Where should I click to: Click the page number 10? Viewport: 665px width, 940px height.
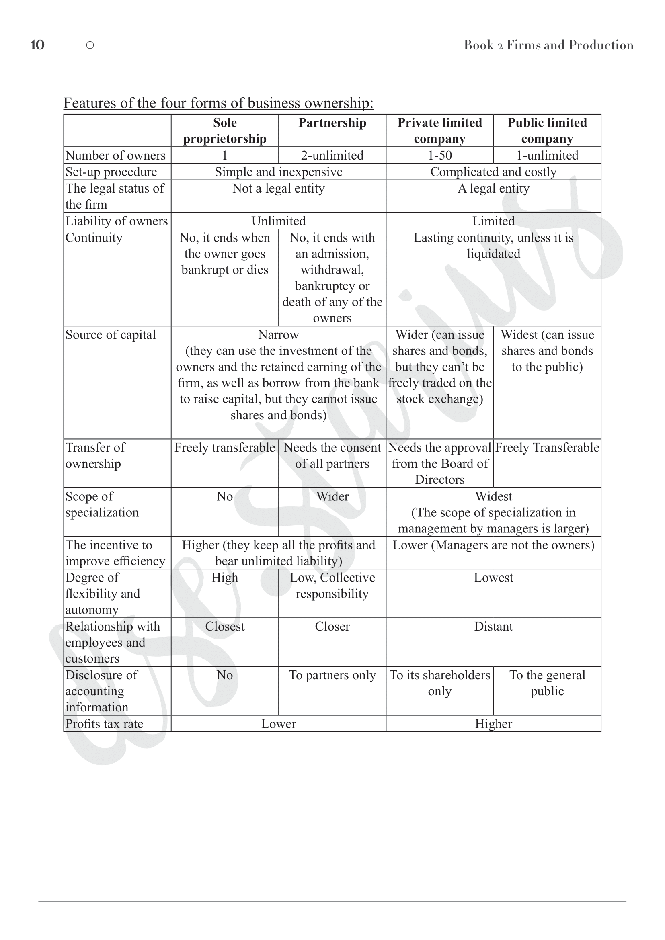click(x=37, y=45)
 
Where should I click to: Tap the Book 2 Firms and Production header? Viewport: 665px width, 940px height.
click(x=548, y=45)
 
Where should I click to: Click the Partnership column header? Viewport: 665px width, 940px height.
click(x=332, y=123)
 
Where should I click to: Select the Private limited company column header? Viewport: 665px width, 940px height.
click(x=439, y=131)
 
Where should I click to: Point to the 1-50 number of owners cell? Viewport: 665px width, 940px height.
click(x=439, y=156)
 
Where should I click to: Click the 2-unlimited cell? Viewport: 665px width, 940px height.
click(x=332, y=156)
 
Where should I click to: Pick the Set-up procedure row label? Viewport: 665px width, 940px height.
click(x=111, y=172)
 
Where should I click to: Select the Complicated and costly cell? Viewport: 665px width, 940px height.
click(x=493, y=172)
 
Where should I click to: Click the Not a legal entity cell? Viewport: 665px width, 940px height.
click(x=279, y=188)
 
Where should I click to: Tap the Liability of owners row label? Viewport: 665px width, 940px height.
click(x=117, y=221)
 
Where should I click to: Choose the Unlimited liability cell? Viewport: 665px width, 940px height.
click(x=279, y=221)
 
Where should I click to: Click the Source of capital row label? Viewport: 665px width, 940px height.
click(x=111, y=335)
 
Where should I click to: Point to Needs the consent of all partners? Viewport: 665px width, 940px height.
click(x=332, y=456)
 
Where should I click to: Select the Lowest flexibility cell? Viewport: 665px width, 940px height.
click(x=493, y=578)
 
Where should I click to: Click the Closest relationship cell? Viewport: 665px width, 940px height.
click(x=225, y=627)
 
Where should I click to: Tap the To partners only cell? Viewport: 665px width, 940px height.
click(x=332, y=675)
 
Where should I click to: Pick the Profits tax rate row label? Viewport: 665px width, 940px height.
click(x=105, y=724)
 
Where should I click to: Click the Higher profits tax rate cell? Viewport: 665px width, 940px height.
click(x=493, y=724)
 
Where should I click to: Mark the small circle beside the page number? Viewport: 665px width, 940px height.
click(x=90, y=45)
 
